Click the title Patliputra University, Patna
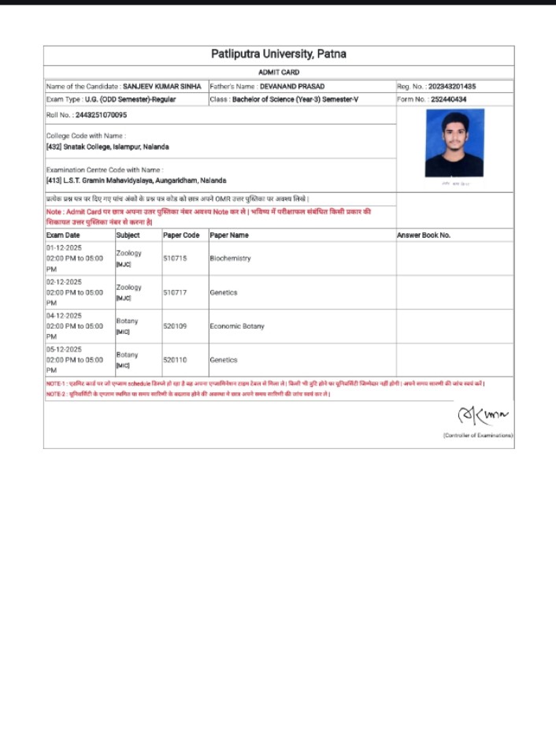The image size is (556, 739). tap(278, 54)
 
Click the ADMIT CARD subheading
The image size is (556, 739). tap(278, 72)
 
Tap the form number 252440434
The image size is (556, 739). tap(449, 100)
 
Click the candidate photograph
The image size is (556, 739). tap(454, 143)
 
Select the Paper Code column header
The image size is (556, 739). tap(181, 236)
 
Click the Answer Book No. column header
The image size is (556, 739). tap(424, 236)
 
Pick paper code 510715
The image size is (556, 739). tap(175, 258)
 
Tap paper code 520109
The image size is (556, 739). tap(175, 326)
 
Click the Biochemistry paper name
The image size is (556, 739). tap(230, 258)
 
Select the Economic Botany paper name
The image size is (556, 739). tap(237, 326)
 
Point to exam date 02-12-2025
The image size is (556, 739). tap(64, 281)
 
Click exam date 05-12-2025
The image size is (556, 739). tap(64, 349)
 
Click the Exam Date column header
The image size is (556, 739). tap(63, 236)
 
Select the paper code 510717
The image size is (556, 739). tap(175, 292)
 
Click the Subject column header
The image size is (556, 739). tap(128, 236)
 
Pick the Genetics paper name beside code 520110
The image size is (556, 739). tap(224, 360)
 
